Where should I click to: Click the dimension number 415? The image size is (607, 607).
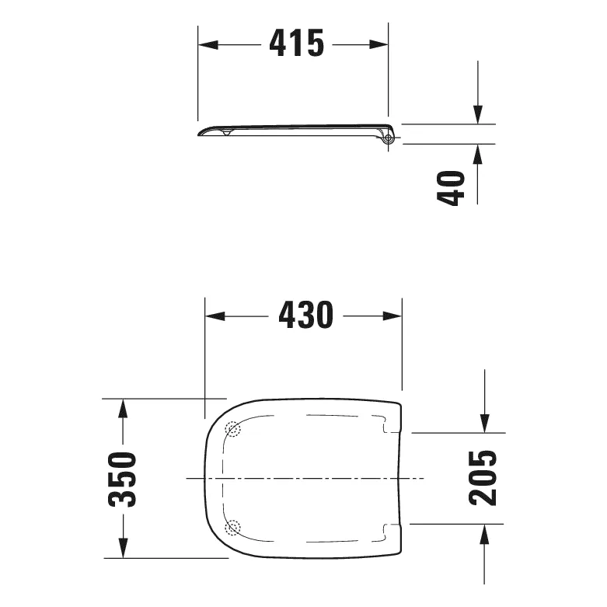(296, 44)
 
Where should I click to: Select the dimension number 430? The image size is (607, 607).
(304, 316)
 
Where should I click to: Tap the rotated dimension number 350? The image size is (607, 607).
(122, 478)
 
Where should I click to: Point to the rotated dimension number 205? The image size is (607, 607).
(483, 478)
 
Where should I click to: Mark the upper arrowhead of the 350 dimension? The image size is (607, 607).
(122, 408)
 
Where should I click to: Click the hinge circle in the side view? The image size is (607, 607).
(389, 139)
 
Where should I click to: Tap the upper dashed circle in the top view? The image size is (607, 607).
(233, 428)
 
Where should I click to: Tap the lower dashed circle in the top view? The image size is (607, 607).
(233, 529)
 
